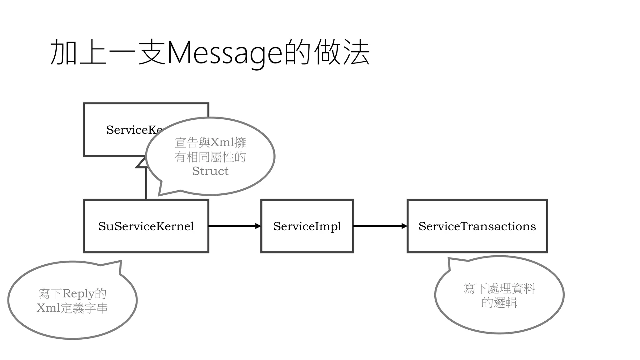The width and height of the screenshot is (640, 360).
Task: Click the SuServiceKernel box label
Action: point(146,226)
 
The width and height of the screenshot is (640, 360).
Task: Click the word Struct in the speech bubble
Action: point(210,171)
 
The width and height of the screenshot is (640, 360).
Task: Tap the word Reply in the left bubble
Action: point(78,294)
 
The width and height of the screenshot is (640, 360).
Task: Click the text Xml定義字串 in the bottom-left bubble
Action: point(72,308)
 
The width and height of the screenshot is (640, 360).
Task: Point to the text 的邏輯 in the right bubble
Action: point(499,302)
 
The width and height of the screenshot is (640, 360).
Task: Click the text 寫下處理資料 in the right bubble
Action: point(499,288)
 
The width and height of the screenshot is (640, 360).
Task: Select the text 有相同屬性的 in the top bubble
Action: point(210,157)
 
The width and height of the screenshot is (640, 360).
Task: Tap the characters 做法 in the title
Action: point(342,52)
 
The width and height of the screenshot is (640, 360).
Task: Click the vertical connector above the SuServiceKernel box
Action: point(146,184)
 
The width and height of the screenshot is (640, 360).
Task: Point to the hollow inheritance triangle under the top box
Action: point(142,163)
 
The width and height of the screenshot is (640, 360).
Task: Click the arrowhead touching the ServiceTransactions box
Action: point(404,226)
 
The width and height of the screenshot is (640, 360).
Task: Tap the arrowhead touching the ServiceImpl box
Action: point(258,226)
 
